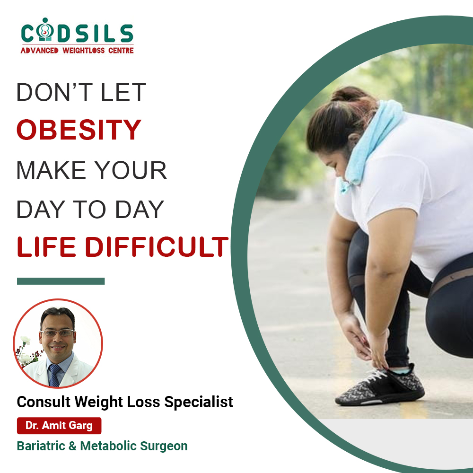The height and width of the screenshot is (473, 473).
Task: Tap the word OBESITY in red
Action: [79, 130]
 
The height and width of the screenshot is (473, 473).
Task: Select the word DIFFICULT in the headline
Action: [157, 246]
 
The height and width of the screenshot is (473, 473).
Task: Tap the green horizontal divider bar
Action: [61, 281]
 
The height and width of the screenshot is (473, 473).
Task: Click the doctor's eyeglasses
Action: [57, 333]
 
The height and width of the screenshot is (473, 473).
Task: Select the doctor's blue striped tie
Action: [54, 375]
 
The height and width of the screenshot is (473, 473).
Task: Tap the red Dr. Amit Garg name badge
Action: [59, 425]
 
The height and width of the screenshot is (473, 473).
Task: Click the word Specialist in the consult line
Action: [199, 402]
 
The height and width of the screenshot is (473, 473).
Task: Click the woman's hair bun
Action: [347, 94]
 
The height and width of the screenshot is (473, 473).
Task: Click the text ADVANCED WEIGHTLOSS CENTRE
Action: [77, 51]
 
